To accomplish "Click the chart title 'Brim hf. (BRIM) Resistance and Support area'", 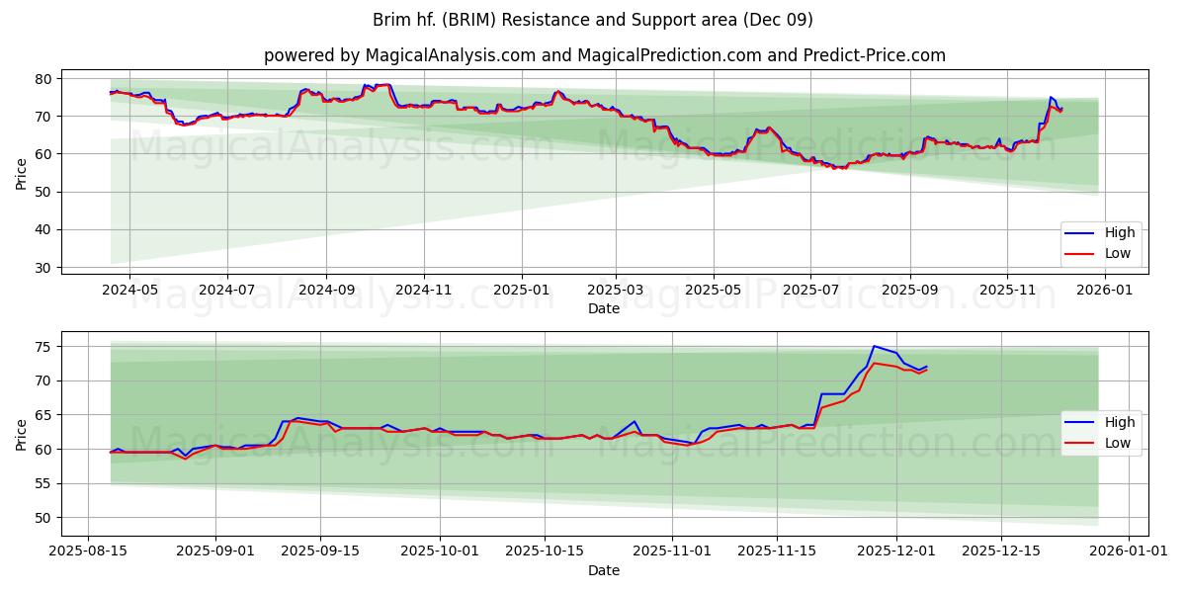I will click(593, 20).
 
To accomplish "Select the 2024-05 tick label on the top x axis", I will click(129, 290).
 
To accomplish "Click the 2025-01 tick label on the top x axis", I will click(520, 290).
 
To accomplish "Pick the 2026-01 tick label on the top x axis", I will click(1104, 290).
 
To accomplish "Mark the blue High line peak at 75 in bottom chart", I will click(874, 346).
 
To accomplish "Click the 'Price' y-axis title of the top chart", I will click(22, 173).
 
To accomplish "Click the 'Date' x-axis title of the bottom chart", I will click(603, 570).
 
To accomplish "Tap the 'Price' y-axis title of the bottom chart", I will click(22, 434).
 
